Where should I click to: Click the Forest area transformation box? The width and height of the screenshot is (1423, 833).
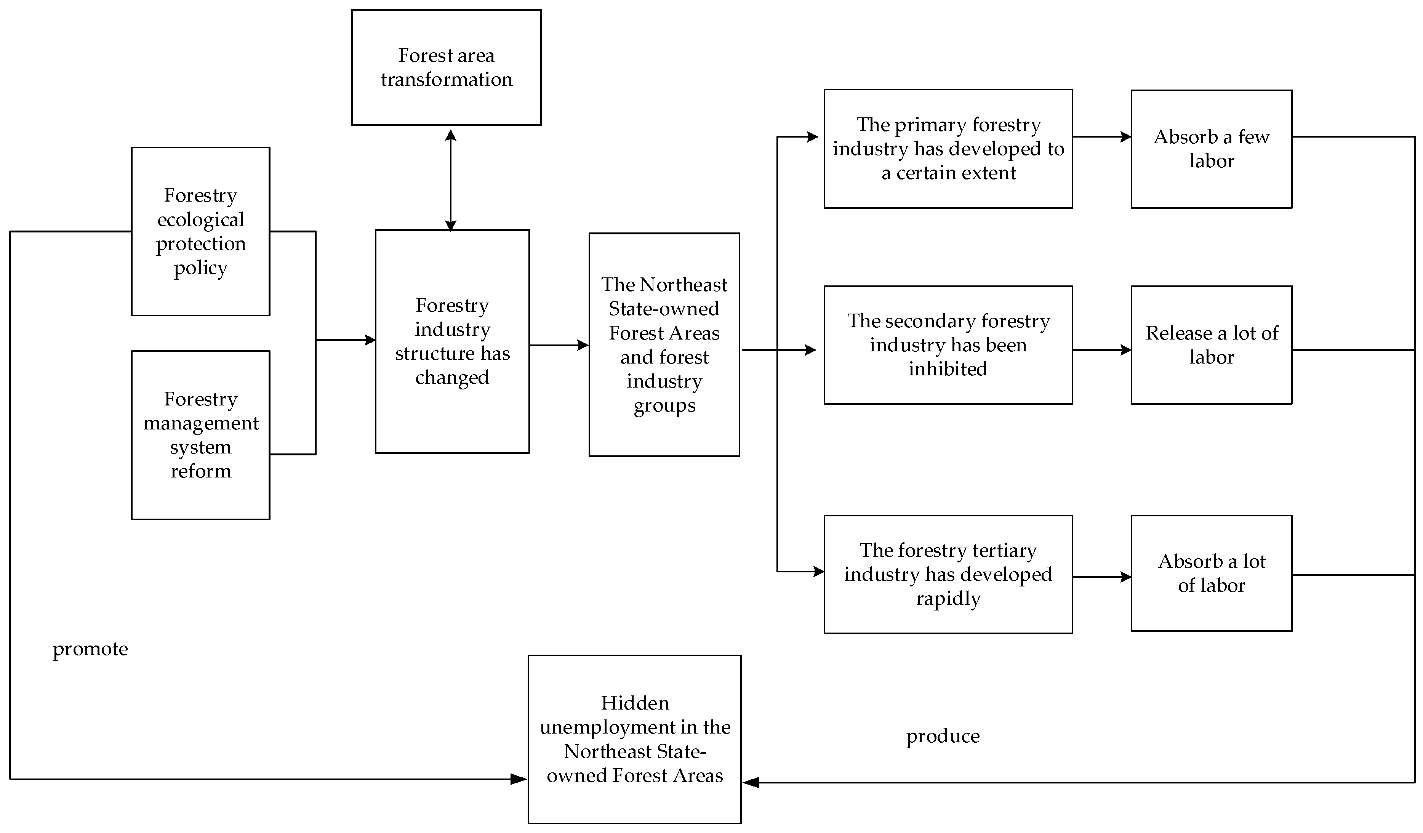coord(446,67)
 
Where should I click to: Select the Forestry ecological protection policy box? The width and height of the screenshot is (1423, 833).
coord(200,232)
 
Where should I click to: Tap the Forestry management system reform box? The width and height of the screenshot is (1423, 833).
coord(200,435)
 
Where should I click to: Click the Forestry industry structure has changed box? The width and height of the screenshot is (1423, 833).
coord(452,341)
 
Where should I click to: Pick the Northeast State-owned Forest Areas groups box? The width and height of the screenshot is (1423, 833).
coord(664,344)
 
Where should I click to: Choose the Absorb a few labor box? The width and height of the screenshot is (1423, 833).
coord(1211,149)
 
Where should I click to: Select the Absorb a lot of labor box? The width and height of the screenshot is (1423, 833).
coord(1211,573)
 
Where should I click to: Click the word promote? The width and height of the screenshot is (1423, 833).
coord(90,649)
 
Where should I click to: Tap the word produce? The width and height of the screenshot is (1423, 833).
coord(943,737)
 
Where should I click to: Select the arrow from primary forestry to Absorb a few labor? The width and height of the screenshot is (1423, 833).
coord(1101,137)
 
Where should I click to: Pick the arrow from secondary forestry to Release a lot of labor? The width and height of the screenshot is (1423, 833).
coord(1101,350)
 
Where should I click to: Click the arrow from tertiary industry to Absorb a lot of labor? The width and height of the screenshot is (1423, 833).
coord(1101,577)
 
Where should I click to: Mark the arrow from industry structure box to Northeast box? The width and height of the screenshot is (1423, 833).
coord(559,345)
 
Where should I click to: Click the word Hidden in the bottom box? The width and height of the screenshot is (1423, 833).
coord(635,703)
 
